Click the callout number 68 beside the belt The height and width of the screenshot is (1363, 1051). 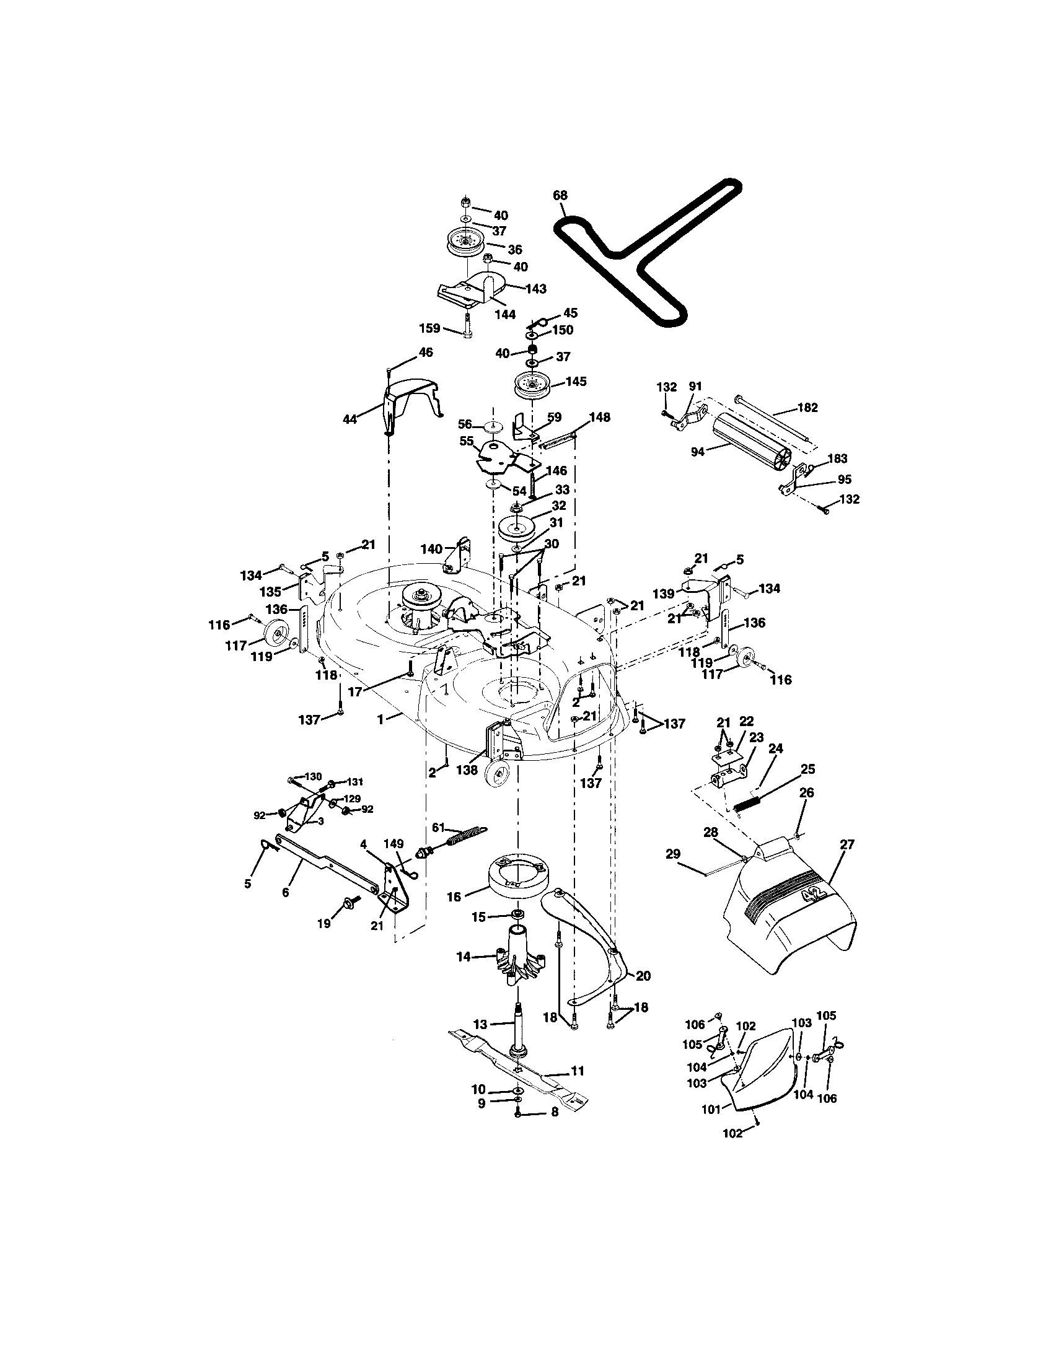point(560,195)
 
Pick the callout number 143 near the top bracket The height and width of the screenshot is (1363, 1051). point(535,289)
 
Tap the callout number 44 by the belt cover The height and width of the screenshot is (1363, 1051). point(350,419)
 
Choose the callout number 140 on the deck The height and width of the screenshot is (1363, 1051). point(431,548)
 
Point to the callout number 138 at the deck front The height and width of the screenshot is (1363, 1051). point(466,770)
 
